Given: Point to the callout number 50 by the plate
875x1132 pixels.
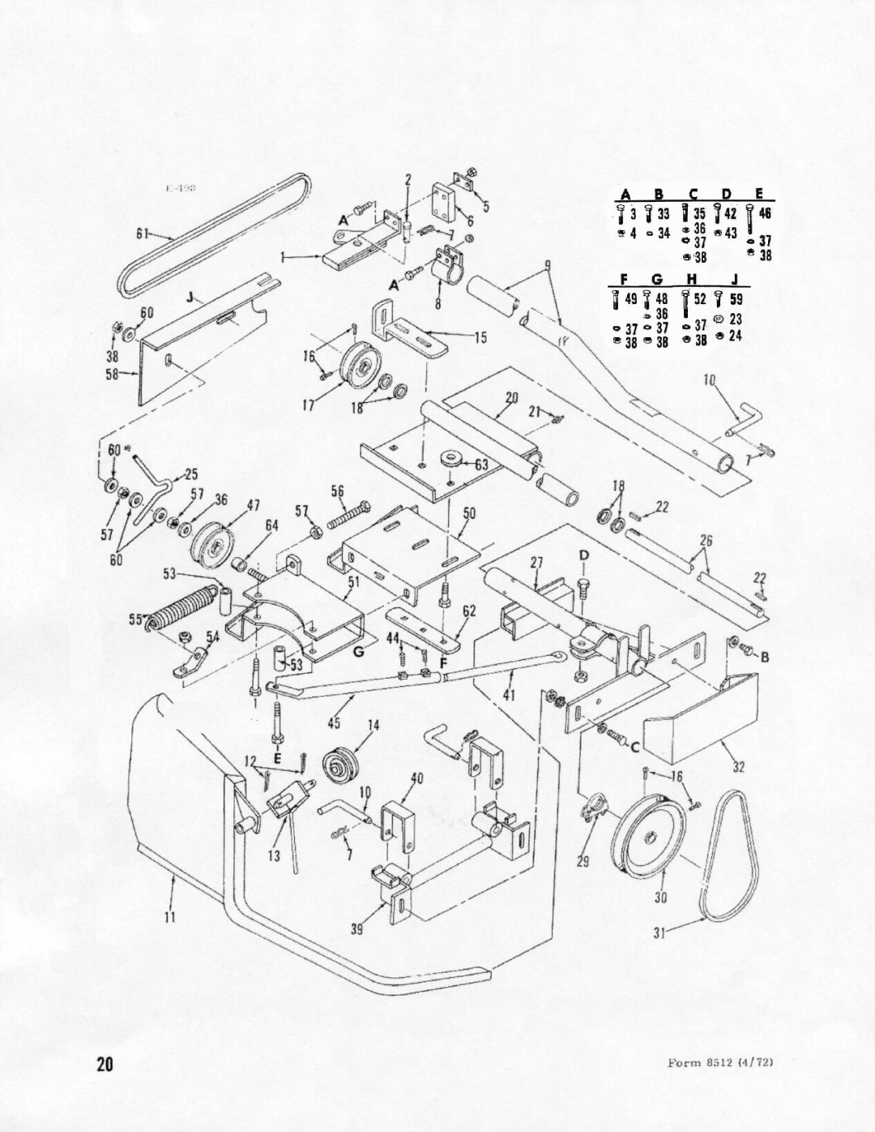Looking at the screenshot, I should (469, 513).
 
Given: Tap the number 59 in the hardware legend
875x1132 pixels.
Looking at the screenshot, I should (737, 299).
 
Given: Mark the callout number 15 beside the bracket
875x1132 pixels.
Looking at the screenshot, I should (480, 339).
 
